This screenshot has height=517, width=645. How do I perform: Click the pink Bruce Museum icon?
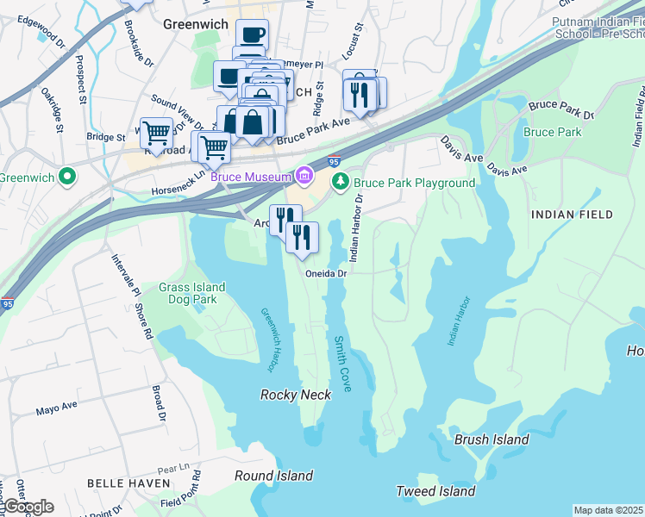[x=304, y=177]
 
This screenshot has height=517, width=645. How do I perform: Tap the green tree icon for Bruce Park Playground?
[x=341, y=182]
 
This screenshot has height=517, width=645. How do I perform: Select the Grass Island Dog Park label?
[x=191, y=294]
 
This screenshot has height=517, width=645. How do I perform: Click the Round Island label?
[x=274, y=476]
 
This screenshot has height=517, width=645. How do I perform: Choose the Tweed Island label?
[x=435, y=491]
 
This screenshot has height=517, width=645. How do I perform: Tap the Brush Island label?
[x=492, y=439]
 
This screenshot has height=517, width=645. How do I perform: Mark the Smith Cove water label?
[x=341, y=364]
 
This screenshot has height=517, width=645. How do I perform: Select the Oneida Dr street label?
[x=326, y=273]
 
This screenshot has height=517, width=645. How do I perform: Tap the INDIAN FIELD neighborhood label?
[x=572, y=214]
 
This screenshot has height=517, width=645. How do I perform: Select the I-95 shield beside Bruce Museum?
[x=334, y=160]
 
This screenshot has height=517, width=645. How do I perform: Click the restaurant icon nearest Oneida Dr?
[x=302, y=237]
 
